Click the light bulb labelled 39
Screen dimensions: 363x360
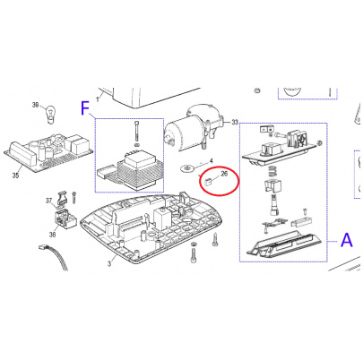point(50,115)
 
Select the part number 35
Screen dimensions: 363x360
point(15,176)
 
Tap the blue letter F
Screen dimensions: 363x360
point(85,108)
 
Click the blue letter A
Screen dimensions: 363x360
point(347,240)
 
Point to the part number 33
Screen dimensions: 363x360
point(235,122)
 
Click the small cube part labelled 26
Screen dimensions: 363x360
point(208,181)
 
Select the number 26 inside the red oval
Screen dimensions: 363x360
point(224,174)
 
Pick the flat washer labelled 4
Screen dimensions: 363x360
point(187,168)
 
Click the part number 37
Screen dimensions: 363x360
point(48,201)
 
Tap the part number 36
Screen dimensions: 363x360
point(52,235)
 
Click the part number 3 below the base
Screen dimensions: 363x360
point(109,264)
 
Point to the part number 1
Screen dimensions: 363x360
point(97,99)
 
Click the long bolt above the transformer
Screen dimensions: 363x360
point(136,132)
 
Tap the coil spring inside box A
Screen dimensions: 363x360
point(272,172)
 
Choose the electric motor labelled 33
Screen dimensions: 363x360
point(193,126)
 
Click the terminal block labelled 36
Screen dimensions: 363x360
point(65,220)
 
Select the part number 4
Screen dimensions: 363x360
point(211,161)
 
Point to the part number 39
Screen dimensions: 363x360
point(36,105)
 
